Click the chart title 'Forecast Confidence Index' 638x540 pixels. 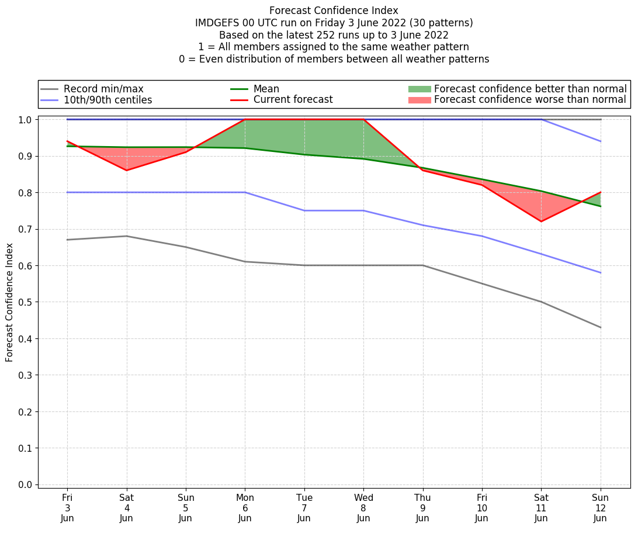334,11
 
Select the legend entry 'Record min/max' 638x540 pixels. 103,89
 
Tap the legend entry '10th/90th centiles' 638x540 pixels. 108,100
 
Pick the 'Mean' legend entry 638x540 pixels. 266,89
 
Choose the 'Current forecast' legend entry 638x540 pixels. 293,100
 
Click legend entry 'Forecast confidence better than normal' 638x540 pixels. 530,89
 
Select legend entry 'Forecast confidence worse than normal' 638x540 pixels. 530,100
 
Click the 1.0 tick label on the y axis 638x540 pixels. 26,119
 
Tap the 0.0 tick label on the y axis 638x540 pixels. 26,484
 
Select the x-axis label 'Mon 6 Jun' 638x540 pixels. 245,507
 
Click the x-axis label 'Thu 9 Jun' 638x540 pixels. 422,507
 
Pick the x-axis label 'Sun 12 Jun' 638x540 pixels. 600,507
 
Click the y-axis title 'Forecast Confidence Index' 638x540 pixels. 10,302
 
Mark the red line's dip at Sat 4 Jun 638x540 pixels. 127,170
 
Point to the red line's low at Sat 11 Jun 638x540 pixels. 541,221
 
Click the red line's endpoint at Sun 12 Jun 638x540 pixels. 600,192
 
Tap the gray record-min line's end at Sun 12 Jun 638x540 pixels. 600,327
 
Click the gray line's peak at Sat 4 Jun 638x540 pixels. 127,236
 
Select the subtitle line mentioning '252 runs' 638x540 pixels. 334,35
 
